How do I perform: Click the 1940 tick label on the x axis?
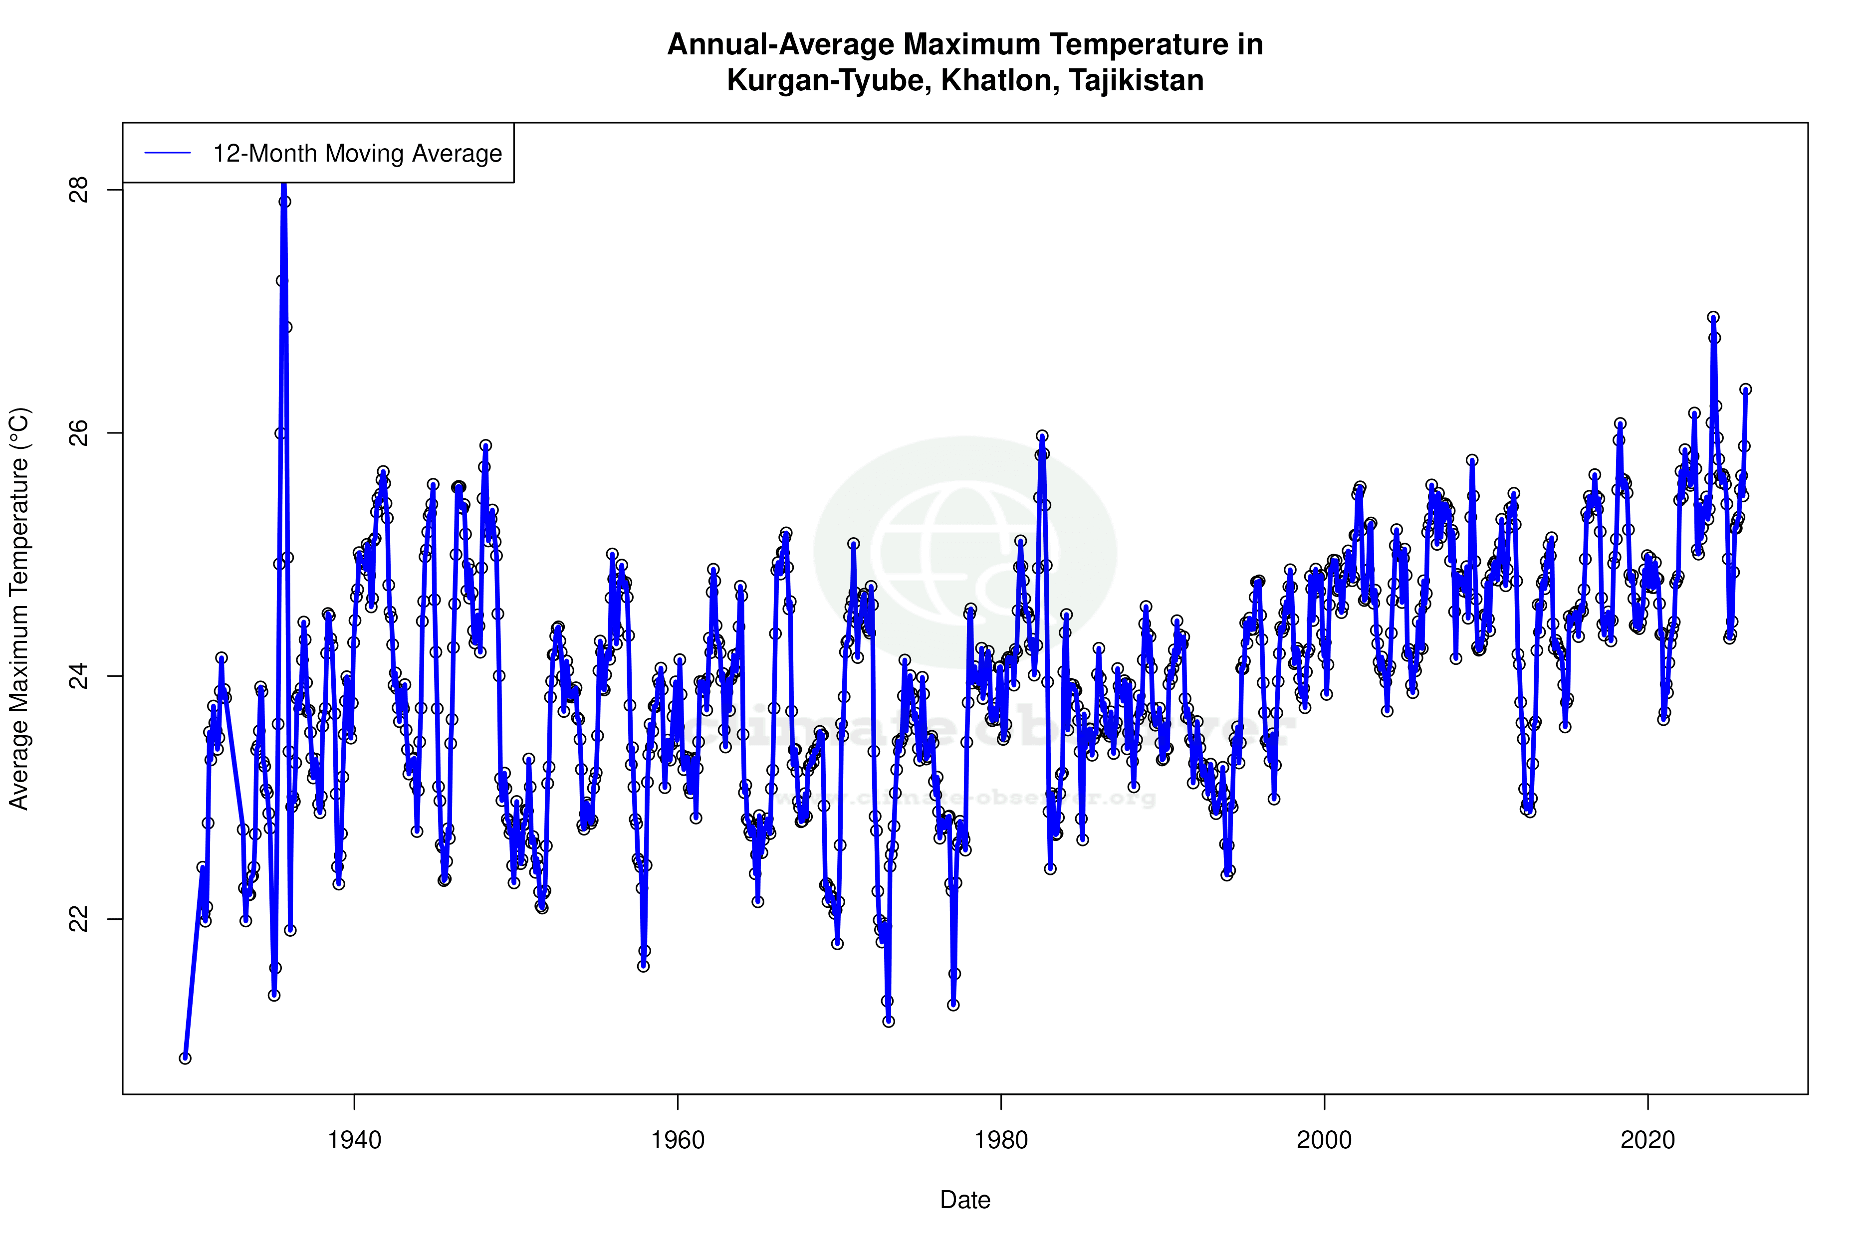click(x=354, y=1140)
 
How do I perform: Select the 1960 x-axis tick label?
click(x=678, y=1140)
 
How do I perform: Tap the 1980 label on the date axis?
click(x=1001, y=1140)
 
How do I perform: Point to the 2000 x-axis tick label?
click(x=1325, y=1140)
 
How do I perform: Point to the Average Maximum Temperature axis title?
click(x=19, y=609)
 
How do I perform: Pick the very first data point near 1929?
click(x=185, y=1058)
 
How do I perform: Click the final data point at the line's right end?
click(x=1745, y=389)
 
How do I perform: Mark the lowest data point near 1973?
click(x=889, y=1021)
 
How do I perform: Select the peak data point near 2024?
click(x=1713, y=317)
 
